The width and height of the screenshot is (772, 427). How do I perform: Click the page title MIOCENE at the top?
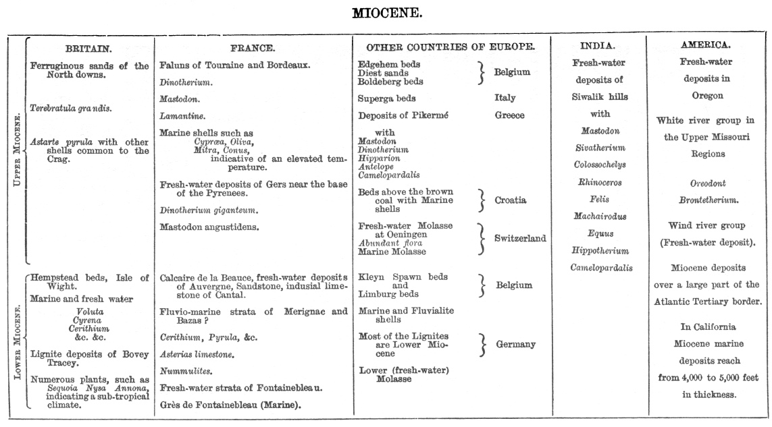(x=387, y=13)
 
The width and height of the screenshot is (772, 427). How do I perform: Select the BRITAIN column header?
(x=88, y=49)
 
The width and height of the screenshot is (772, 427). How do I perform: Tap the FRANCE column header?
(x=253, y=49)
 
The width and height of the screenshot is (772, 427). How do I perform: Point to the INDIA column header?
(x=598, y=46)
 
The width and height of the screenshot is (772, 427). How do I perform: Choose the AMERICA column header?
(x=705, y=45)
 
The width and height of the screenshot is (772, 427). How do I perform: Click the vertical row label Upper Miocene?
(x=18, y=150)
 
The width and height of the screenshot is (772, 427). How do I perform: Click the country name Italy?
(x=505, y=98)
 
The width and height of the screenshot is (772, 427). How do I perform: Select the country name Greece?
(x=509, y=115)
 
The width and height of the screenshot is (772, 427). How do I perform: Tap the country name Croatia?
(x=510, y=200)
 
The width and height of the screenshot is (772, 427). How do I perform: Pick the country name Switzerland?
(x=520, y=238)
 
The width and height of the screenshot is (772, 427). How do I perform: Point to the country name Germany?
(x=515, y=344)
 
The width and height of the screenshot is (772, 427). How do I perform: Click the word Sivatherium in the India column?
(x=600, y=148)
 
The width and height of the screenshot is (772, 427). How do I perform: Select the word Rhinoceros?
(x=600, y=182)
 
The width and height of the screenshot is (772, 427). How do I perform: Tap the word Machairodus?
(x=600, y=217)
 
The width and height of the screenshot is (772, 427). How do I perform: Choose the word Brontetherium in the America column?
(x=708, y=200)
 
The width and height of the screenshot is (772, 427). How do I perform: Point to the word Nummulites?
(x=186, y=371)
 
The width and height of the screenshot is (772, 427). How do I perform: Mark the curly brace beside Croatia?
(x=482, y=200)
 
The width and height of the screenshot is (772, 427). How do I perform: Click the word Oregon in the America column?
(x=707, y=96)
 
